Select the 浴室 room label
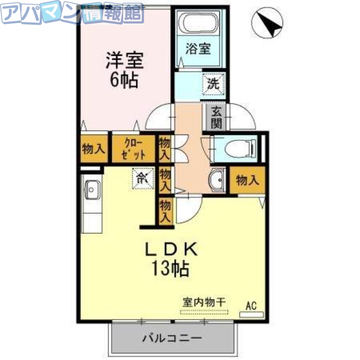198,49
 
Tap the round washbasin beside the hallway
216,180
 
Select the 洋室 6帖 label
124,70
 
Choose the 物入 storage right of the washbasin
247,181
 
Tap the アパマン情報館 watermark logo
72,13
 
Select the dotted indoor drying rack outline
205,311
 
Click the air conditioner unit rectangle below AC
251,315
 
